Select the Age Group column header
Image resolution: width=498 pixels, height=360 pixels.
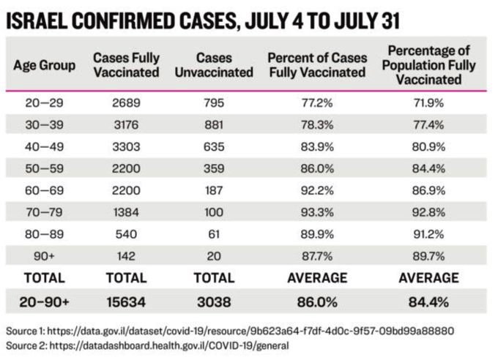pos(45,65)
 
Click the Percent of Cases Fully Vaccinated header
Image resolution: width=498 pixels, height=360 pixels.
pos(316,65)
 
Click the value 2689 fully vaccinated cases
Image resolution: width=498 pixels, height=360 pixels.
pos(127,102)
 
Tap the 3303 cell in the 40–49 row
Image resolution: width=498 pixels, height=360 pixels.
pos(127,146)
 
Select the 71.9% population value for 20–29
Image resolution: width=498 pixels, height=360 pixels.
pos(429,102)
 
